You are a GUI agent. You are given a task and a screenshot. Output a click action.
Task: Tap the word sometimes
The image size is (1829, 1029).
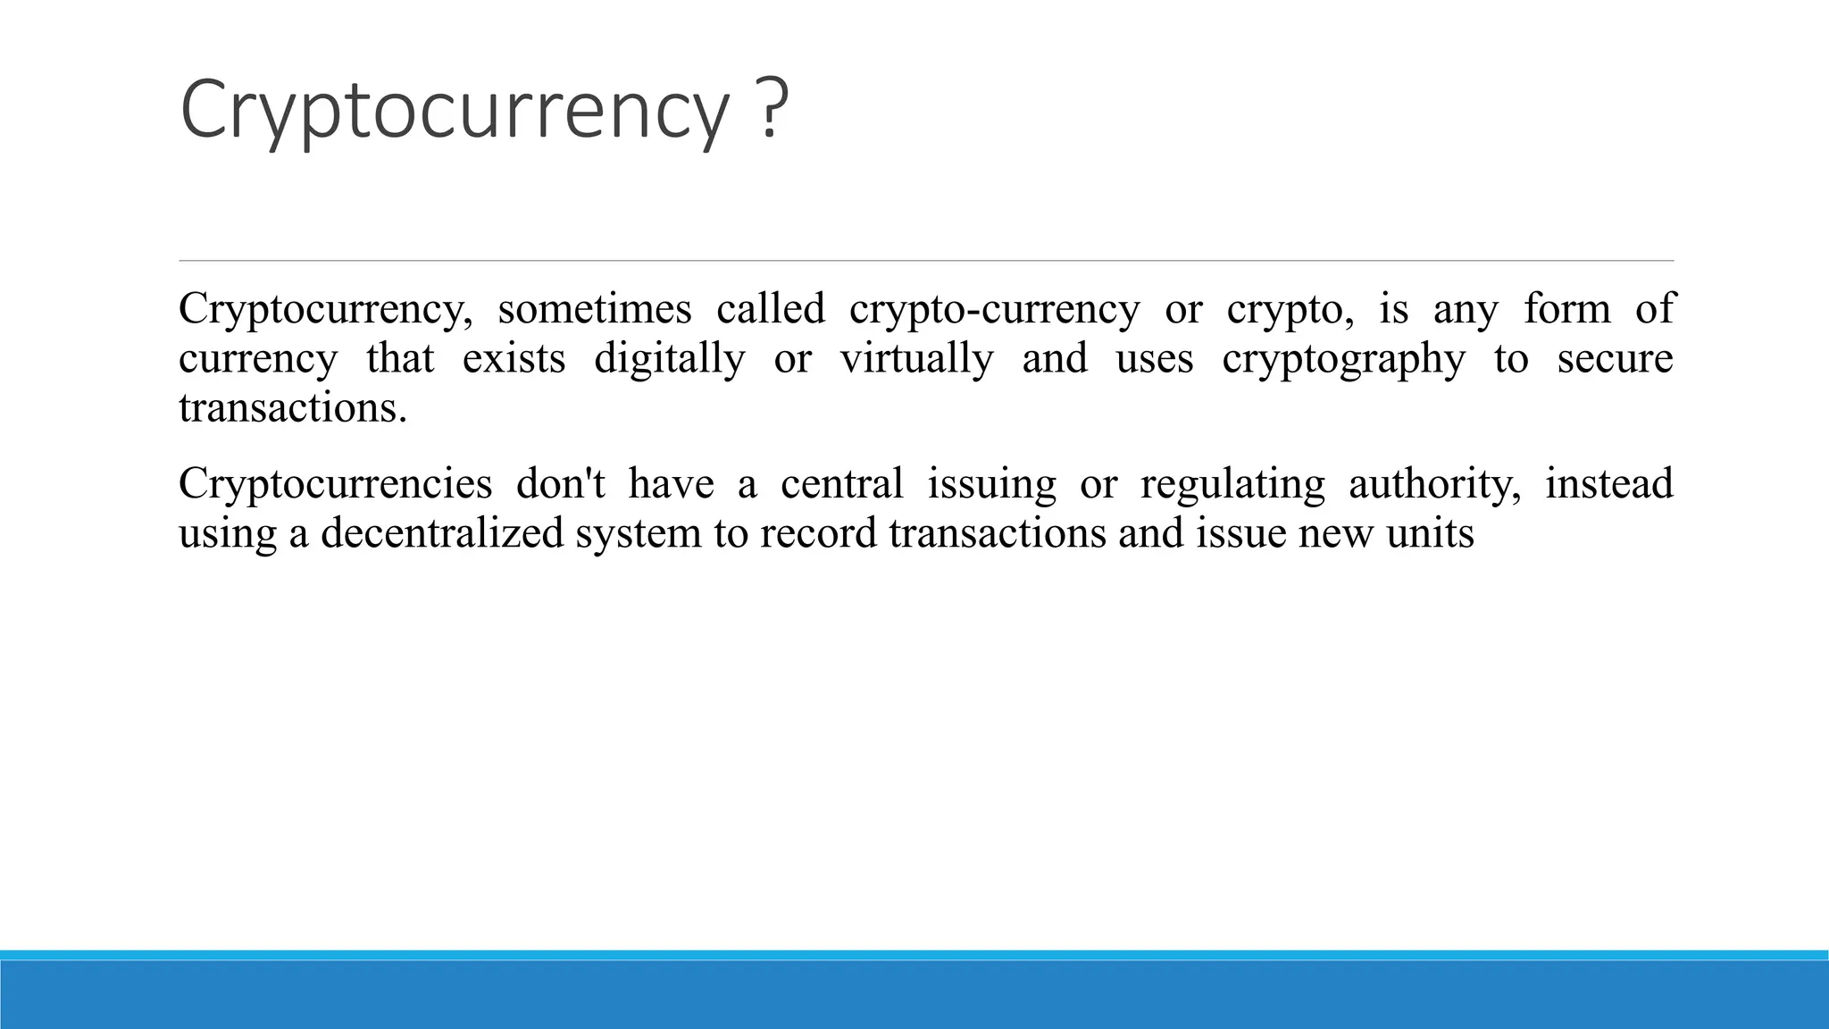(x=595, y=309)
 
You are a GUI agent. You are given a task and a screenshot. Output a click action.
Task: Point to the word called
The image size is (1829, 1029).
(x=771, y=309)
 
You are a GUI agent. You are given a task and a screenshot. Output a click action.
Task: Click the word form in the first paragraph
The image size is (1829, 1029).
(x=1567, y=309)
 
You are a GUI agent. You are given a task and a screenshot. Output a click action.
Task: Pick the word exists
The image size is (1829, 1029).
(x=514, y=359)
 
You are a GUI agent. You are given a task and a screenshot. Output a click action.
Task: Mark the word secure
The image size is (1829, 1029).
(x=1615, y=359)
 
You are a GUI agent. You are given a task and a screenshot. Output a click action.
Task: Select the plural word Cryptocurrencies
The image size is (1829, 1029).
(x=335, y=484)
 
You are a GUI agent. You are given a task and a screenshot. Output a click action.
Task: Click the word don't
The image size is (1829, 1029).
(x=561, y=484)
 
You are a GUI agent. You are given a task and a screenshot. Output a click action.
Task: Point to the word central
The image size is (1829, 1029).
(x=841, y=484)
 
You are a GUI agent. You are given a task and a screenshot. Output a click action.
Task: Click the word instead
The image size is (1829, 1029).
(x=1609, y=484)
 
